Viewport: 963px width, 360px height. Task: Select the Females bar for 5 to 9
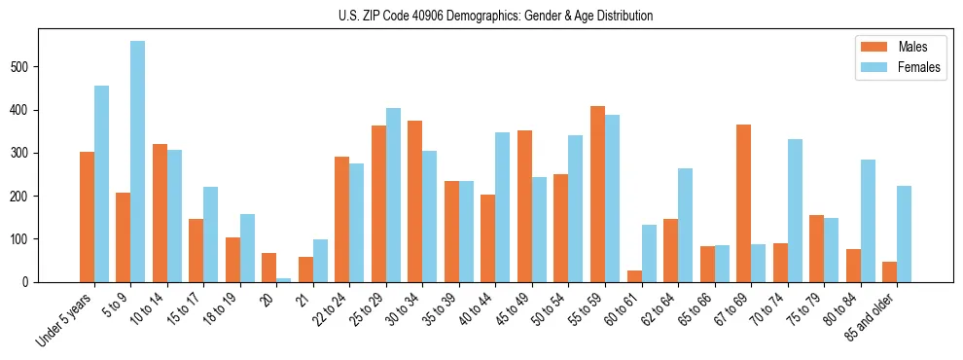point(138,162)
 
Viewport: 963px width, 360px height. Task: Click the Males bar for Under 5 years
point(87,217)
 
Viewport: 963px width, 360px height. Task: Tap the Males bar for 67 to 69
point(743,203)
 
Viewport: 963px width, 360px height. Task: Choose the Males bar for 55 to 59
point(597,194)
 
